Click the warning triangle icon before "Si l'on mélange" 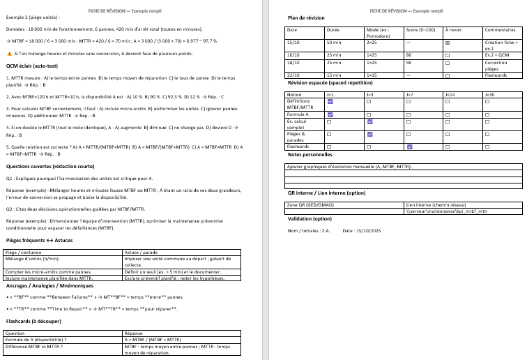8,53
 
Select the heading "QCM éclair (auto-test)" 33,66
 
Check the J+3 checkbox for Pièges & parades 369,134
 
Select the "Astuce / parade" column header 140,251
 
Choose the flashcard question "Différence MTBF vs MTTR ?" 34,346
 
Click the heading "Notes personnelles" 310,154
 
